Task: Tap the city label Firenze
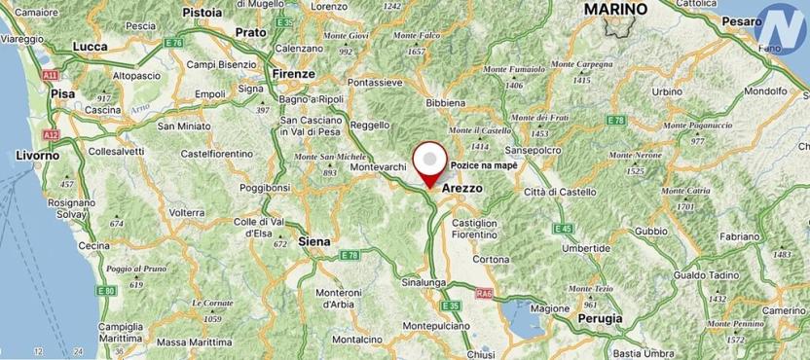point(294,74)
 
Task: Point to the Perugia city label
point(600,318)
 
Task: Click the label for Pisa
point(62,93)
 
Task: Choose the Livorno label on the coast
point(38,156)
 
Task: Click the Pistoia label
point(203,13)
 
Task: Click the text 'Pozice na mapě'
point(483,165)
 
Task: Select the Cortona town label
point(491,260)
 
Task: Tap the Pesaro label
point(743,20)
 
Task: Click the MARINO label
point(614,9)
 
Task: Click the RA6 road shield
point(484,292)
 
